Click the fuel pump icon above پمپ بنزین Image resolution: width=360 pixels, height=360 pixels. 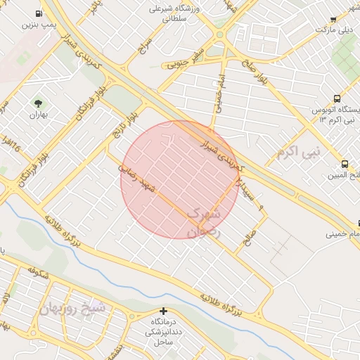[37, 13]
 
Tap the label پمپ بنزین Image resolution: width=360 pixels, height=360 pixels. [38, 25]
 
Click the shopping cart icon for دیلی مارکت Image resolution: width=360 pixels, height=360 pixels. [333, 19]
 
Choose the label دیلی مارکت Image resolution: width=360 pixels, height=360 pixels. [334, 30]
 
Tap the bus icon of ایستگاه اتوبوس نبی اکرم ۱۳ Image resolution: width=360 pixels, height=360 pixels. [337, 99]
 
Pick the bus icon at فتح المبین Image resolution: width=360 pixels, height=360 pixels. [345, 164]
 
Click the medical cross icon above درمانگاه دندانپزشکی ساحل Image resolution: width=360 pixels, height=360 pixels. [164, 311]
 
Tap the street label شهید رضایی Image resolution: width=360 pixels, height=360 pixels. [136, 176]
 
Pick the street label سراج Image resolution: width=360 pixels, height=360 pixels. [146, 49]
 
